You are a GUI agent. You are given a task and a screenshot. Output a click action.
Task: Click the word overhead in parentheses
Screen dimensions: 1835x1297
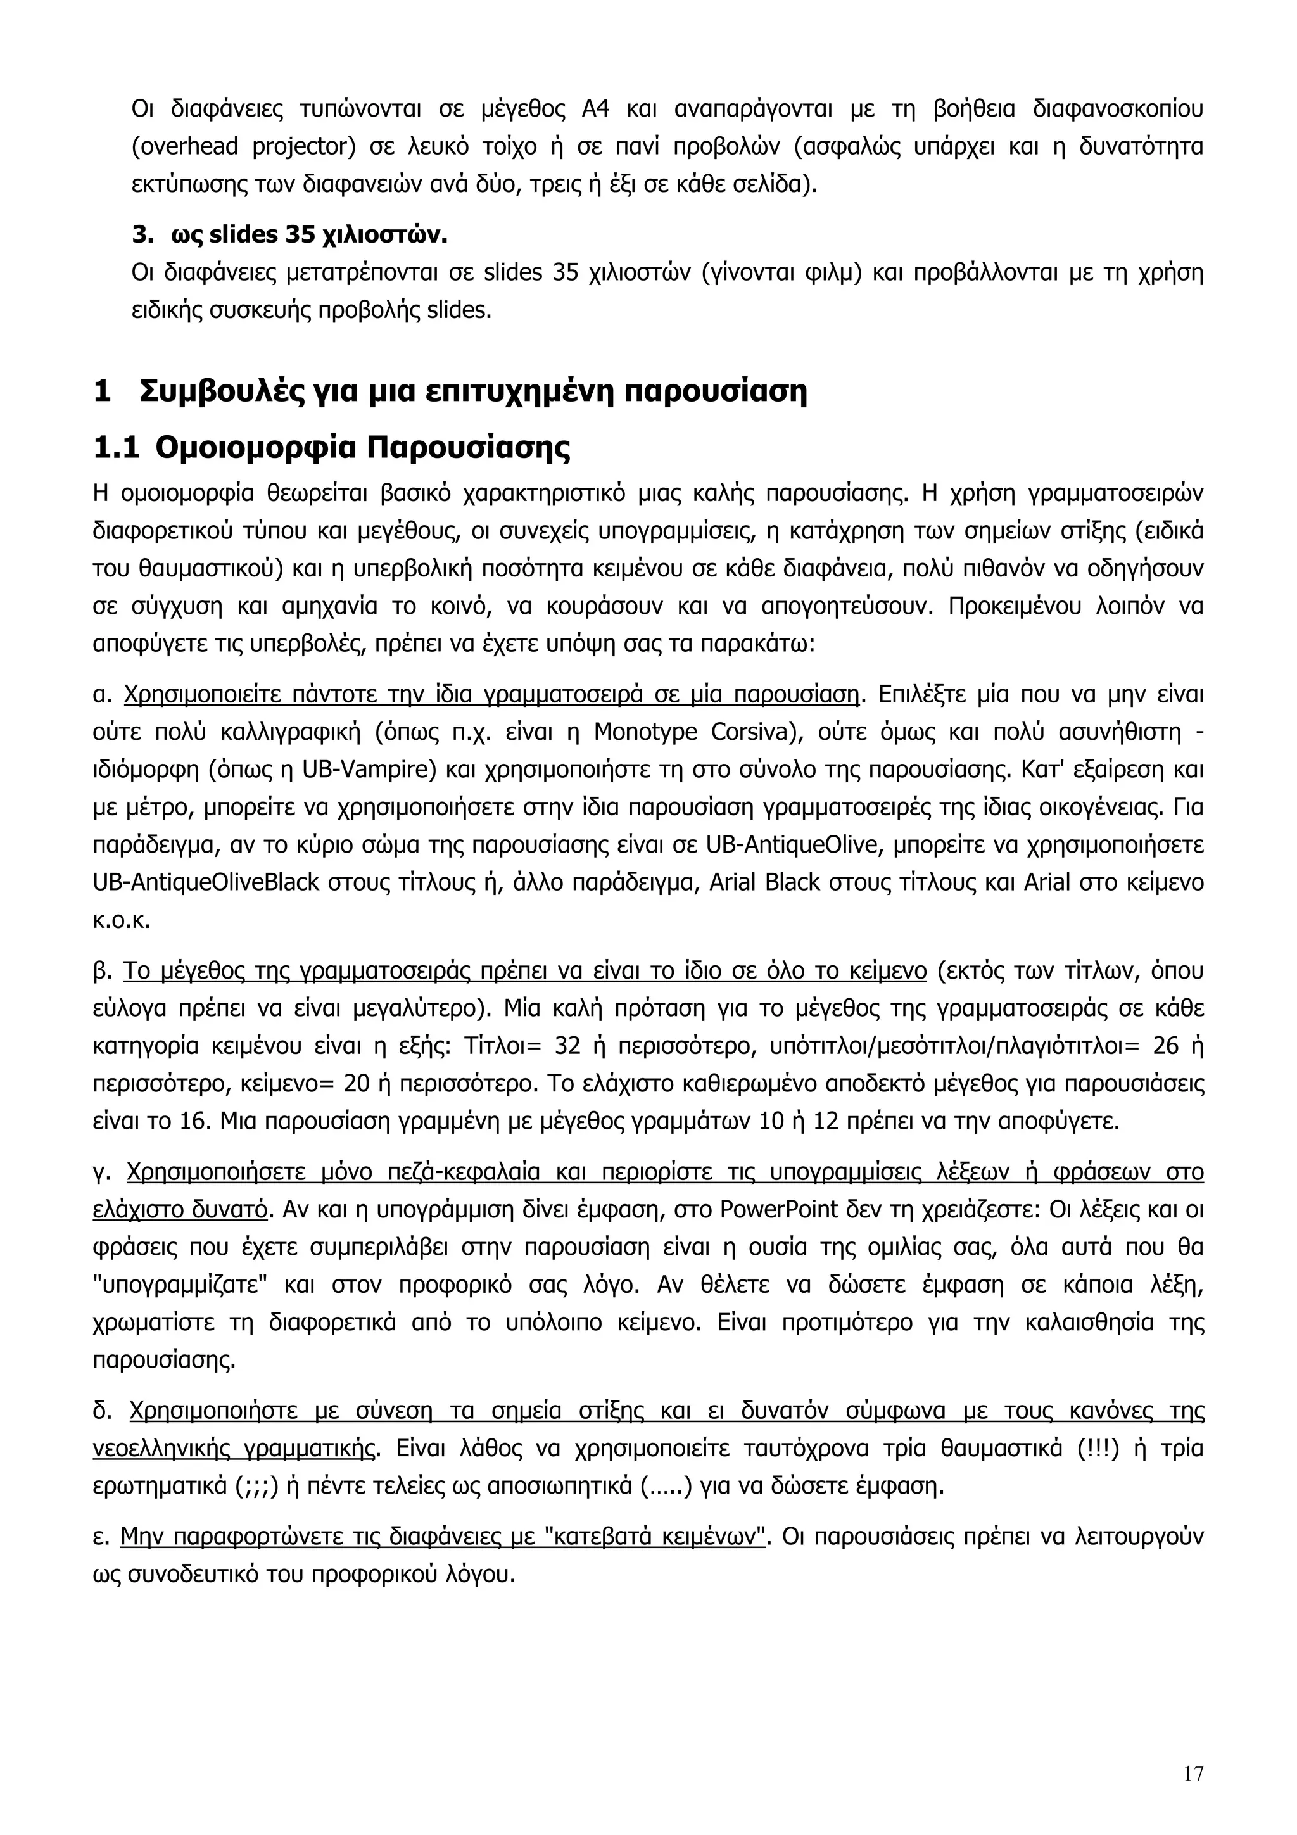184,147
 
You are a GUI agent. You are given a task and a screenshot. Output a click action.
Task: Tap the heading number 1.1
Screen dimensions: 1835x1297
115,448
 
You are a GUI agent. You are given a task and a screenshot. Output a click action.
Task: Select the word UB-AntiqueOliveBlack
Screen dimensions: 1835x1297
206,883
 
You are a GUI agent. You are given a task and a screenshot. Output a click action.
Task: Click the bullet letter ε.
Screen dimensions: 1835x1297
100,1537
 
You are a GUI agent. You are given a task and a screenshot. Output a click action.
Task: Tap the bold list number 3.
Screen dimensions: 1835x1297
141,236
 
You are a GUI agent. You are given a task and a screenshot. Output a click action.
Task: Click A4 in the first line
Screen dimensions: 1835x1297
595,109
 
